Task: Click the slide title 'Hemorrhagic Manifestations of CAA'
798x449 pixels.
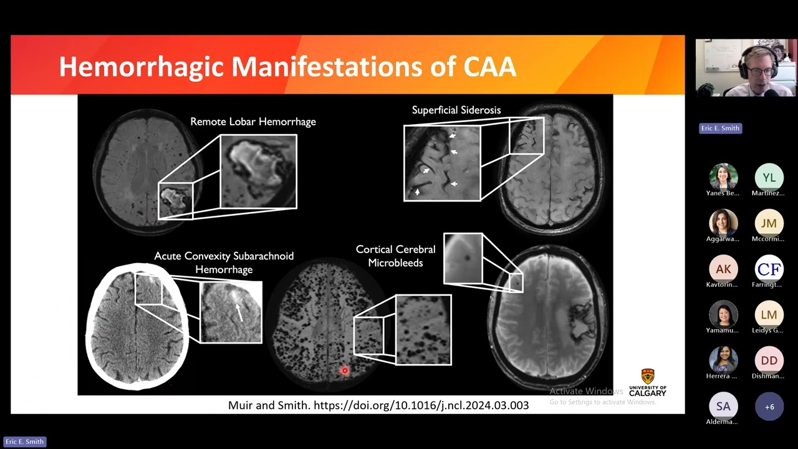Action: [287, 67]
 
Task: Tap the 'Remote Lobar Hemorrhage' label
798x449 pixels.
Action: [253, 122]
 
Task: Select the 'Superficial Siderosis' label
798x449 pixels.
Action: [456, 110]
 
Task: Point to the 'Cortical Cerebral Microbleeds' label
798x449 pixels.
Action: [395, 256]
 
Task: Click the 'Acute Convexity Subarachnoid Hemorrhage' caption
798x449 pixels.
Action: [224, 263]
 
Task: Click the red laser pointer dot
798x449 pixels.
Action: [344, 371]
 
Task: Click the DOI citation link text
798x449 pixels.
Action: [421, 405]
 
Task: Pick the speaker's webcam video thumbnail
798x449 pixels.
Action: [746, 68]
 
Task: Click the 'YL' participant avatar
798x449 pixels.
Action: [769, 178]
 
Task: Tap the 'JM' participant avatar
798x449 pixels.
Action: [769, 223]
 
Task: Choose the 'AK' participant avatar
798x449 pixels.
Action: [723, 269]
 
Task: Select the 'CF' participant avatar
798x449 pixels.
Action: [769, 269]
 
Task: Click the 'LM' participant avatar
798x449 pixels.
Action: [769, 315]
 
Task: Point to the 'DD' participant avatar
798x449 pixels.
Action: [769, 360]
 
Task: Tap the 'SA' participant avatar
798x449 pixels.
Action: [723, 407]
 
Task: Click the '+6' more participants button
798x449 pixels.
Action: [769, 407]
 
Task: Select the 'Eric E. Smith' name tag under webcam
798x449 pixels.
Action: [720, 128]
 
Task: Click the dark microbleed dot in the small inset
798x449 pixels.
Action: [466, 256]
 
